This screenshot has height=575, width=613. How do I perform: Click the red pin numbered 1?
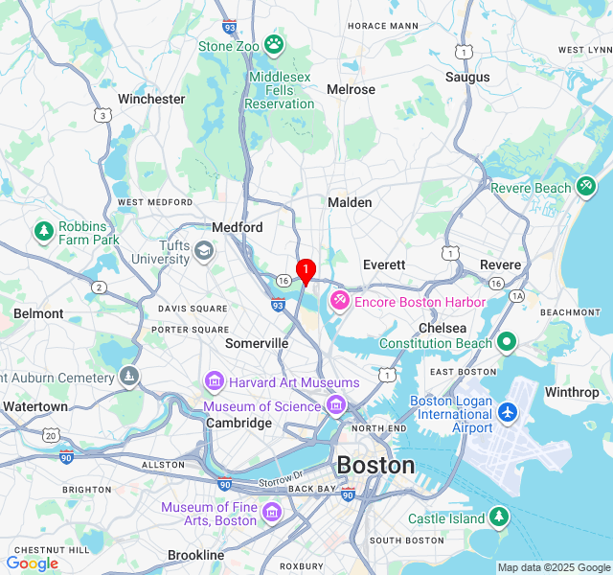[306, 270]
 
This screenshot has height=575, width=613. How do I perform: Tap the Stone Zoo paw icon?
[274, 43]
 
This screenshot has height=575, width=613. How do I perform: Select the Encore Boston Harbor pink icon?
[339, 302]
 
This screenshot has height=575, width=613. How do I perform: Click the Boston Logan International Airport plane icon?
[507, 413]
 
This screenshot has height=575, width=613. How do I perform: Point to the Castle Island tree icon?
[497, 518]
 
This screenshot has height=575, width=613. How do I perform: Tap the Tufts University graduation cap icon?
[204, 251]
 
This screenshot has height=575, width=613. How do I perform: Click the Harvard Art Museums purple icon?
[214, 382]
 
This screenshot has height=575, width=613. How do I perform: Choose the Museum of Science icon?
[335, 406]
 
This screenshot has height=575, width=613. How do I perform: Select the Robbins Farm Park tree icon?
[43, 232]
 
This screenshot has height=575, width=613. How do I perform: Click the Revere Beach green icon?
[586, 188]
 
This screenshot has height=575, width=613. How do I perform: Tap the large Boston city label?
[375, 467]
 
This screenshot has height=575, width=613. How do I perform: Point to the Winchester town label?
[151, 99]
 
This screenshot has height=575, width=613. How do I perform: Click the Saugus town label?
[467, 77]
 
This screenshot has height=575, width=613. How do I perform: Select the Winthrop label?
[571, 392]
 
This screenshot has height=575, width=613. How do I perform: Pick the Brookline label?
[195, 555]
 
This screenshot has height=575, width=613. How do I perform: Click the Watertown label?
[34, 406]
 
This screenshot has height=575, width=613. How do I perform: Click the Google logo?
[32, 563]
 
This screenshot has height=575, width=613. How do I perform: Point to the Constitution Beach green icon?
[507, 342]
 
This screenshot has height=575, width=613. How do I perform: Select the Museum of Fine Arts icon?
[271, 513]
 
